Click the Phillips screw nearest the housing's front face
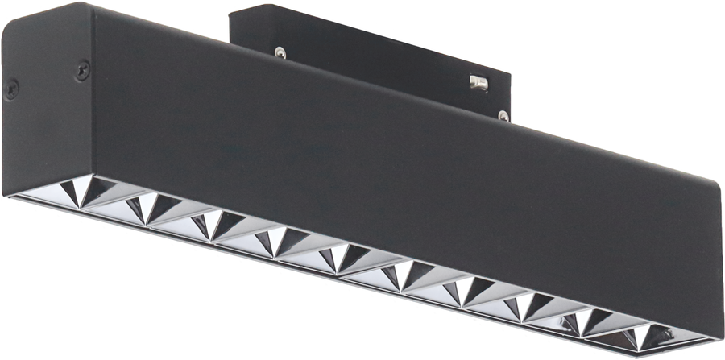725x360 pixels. tap(82, 70)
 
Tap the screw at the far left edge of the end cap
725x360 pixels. tap(12, 87)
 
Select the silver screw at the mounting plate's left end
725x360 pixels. tap(279, 52)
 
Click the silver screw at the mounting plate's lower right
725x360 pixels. tap(503, 115)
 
